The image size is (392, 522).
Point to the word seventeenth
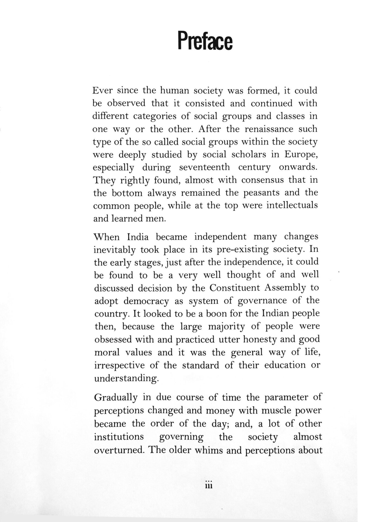204,167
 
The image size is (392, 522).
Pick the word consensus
262,180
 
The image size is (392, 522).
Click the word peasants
261,192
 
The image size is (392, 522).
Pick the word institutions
119,437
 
